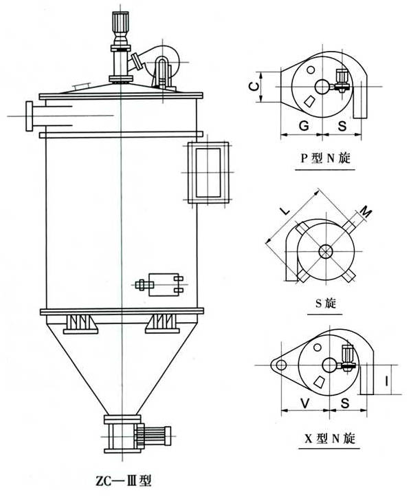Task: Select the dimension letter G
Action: pyautogui.click(x=304, y=126)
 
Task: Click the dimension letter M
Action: pyautogui.click(x=366, y=211)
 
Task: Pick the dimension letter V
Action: pyautogui.click(x=305, y=403)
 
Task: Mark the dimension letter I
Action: pyautogui.click(x=387, y=381)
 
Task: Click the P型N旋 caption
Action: pyautogui.click(x=325, y=158)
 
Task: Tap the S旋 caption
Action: pyautogui.click(x=325, y=304)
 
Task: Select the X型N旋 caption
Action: pyautogui.click(x=329, y=438)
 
